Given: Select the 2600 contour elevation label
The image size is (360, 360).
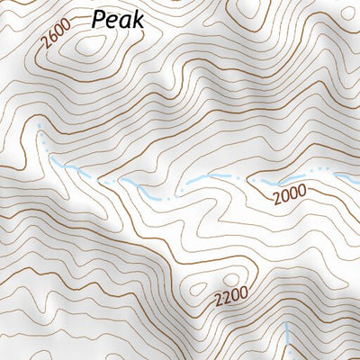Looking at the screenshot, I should [x=56, y=37].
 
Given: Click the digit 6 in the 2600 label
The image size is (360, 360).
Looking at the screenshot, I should [x=51, y=40].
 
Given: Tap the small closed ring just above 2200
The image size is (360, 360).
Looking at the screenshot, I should [x=233, y=279].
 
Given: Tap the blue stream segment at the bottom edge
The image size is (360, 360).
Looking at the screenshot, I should [x=286, y=342].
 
